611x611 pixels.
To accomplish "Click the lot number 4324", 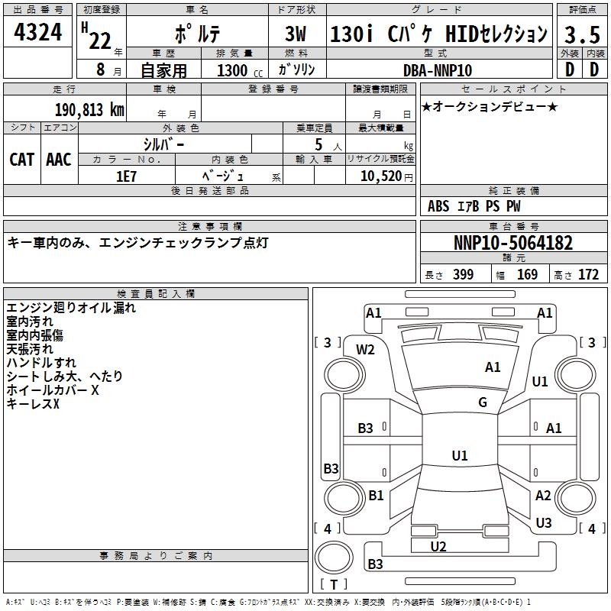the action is point(37,32).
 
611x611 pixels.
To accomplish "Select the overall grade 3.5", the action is point(582,35).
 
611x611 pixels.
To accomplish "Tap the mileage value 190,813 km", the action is point(89,110).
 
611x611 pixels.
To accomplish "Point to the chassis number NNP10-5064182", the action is point(513,243).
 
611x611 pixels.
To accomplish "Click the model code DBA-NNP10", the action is point(437,70).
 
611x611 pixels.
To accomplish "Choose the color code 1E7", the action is point(126,176).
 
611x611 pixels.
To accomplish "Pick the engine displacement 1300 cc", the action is point(240,70).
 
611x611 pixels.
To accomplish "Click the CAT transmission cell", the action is point(22,160).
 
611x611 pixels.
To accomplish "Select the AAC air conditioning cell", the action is point(59,160).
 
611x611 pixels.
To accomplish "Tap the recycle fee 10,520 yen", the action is point(386,176).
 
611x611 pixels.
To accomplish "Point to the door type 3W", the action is point(296,34).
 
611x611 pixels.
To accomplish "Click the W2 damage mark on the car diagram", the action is point(365,350).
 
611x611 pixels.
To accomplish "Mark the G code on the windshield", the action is point(483,402).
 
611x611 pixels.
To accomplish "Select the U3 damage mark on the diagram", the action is point(544,522).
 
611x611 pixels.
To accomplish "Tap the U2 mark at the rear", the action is point(438,547).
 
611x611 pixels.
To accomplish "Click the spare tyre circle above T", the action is point(334,558).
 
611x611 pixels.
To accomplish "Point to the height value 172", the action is point(588,275).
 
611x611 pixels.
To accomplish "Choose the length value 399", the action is point(463,275).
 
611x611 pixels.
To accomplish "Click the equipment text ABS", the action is point(438,206).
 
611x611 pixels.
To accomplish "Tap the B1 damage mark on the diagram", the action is point(376,495).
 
